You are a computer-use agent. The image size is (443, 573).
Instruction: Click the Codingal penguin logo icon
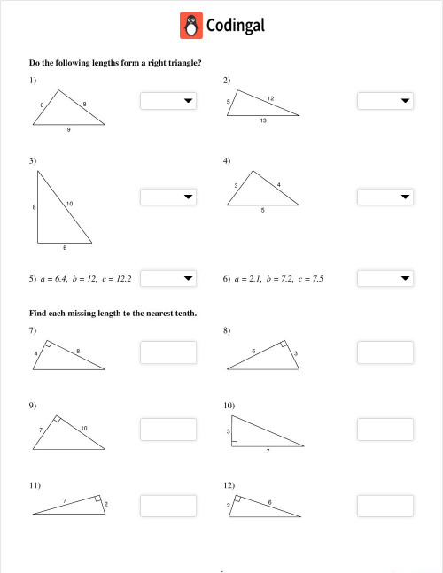(190, 26)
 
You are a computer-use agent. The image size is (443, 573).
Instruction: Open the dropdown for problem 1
(167, 101)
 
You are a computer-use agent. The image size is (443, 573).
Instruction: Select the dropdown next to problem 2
(385, 101)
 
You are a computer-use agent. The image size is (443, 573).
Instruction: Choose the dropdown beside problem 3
(167, 196)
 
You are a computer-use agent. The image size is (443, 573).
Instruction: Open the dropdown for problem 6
(385, 278)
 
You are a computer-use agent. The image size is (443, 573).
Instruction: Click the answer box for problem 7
(167, 352)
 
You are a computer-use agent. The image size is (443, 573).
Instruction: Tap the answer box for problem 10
(385, 430)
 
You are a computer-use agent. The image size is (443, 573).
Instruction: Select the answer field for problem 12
(385, 507)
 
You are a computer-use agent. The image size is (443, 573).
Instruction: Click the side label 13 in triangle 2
(263, 120)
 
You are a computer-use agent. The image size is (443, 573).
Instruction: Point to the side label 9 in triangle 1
(68, 130)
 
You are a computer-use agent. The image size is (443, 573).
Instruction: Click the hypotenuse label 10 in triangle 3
(69, 205)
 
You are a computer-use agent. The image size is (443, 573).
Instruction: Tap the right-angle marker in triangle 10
(234, 444)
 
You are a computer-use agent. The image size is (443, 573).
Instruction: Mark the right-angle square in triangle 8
(283, 345)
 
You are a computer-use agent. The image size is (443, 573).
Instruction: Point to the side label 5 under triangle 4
(262, 211)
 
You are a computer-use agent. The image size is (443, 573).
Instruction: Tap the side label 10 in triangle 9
(84, 428)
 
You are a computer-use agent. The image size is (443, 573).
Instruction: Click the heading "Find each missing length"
(113, 313)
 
